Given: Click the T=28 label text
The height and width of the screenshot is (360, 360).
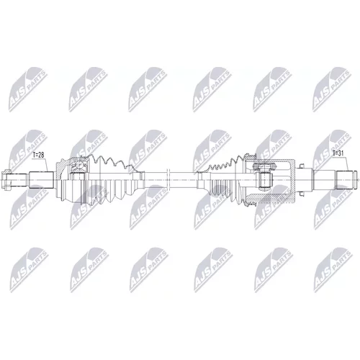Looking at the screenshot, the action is point(38,155).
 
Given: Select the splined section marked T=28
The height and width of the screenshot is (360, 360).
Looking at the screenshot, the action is point(41,180).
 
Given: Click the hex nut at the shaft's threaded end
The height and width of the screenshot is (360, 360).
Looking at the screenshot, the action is point(6,180).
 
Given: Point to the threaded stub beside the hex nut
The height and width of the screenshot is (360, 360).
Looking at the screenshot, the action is point(19,180).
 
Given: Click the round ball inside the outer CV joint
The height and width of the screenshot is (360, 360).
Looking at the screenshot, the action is point(79,165).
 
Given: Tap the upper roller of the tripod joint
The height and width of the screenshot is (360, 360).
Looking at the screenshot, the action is point(264,166).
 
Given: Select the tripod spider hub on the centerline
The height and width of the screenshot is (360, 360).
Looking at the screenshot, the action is point(264,180).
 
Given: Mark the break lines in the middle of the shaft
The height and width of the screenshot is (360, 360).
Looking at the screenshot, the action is point(168,180).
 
